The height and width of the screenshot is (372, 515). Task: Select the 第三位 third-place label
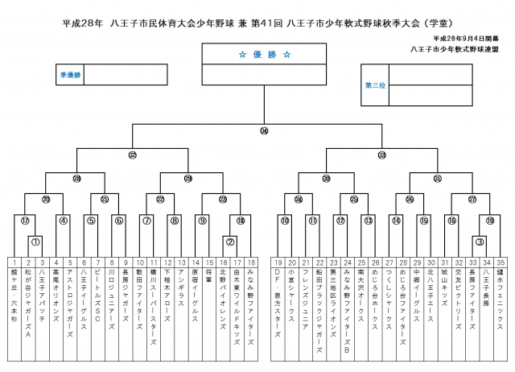(376, 84)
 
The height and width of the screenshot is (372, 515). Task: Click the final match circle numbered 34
(264, 130)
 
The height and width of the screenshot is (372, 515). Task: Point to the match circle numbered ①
(35, 241)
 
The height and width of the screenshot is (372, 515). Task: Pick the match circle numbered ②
(229, 241)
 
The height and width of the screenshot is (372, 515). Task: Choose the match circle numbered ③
(479, 241)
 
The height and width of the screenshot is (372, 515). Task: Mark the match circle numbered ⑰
(25, 220)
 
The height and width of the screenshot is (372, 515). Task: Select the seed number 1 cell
(14, 262)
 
